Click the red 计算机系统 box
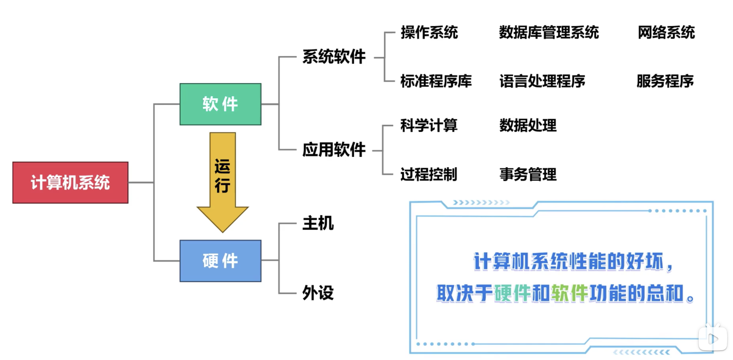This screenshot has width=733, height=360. [x=70, y=182]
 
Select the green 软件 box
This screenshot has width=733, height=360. [x=220, y=104]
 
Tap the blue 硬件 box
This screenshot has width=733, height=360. [x=220, y=261]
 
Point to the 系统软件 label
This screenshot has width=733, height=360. [x=334, y=57]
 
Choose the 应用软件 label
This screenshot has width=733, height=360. [x=334, y=150]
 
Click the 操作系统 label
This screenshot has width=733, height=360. [x=429, y=32]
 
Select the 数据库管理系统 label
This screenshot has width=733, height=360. [x=549, y=32]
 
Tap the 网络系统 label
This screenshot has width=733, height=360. [x=666, y=32]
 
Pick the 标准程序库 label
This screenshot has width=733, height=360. [x=436, y=81]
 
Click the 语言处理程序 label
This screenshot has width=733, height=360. [x=542, y=81]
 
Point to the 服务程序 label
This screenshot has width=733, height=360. [x=665, y=81]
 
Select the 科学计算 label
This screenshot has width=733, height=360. [x=429, y=125]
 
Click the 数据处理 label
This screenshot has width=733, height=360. [x=528, y=125]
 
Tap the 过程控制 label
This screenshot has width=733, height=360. [x=429, y=174]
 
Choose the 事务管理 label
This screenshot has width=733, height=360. [x=528, y=174]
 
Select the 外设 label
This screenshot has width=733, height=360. [x=318, y=293]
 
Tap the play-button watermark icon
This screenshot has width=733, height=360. [x=713, y=339]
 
